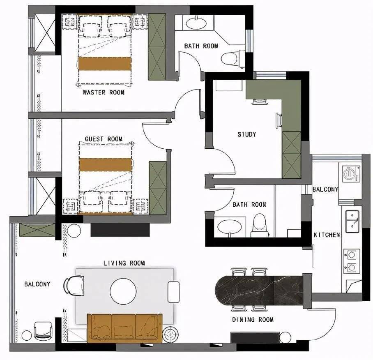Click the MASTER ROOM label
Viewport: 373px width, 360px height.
pyautogui.click(x=104, y=92)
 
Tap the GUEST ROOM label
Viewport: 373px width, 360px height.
pyautogui.click(x=104, y=139)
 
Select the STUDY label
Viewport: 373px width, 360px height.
pyautogui.click(x=247, y=134)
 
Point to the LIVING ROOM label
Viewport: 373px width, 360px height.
pyautogui.click(x=124, y=263)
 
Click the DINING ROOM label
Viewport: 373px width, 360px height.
pyautogui.click(x=253, y=320)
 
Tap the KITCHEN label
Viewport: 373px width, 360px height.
pyautogui.click(x=327, y=235)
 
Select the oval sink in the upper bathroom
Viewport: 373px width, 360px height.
pyautogui.click(x=196, y=23)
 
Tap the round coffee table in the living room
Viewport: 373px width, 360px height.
pyautogui.click(x=123, y=291)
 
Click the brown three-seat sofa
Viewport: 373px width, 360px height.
pyautogui.click(x=124, y=328)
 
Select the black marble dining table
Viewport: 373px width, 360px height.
pyautogui.click(x=259, y=291)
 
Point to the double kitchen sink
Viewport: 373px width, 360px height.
pyautogui.click(x=352, y=221)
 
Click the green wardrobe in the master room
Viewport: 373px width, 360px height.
pyautogui.click(x=157, y=47)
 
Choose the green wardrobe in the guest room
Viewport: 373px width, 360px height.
pyautogui.click(x=157, y=189)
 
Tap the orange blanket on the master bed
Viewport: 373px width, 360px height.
pyautogui.click(x=105, y=64)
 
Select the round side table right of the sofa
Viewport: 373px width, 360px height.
pyautogui.click(x=171, y=335)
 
